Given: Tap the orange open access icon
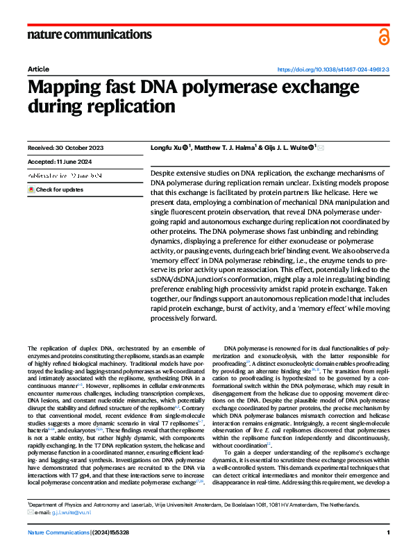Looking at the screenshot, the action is pos(384,37).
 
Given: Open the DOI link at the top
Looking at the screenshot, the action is pos(333,70).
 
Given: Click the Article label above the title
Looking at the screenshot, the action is pos(38,70).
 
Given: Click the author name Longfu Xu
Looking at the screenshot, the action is pos(167,147).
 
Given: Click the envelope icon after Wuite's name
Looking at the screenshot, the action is pos(320,147).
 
